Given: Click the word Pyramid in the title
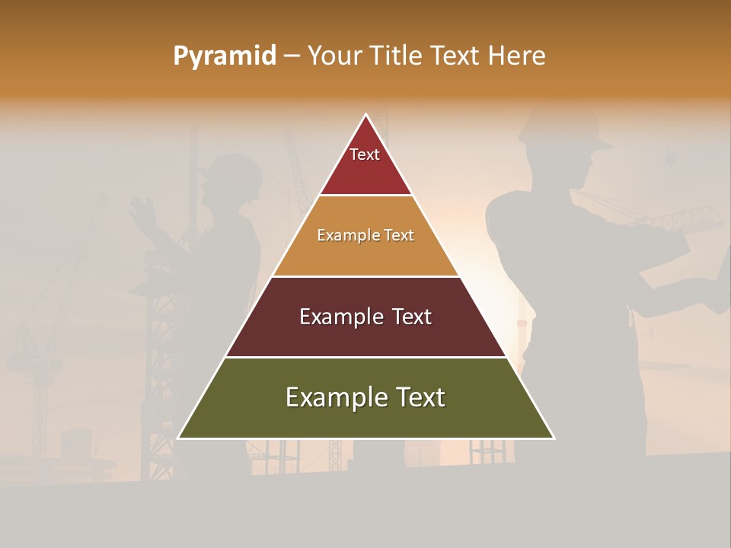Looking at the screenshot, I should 225,56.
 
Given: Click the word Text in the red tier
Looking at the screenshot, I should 365,155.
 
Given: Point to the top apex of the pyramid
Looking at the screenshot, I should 365,115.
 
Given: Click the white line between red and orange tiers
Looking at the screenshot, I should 365,196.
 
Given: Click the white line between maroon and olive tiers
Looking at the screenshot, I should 365,357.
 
